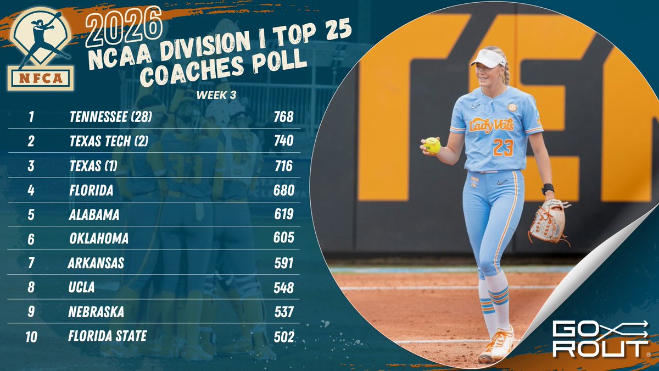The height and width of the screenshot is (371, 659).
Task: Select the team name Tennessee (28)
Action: (x=110, y=117)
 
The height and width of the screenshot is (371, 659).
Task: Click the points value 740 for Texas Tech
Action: (x=284, y=141)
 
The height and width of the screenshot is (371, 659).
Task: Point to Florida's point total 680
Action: (x=284, y=190)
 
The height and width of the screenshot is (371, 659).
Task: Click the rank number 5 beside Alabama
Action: (x=31, y=214)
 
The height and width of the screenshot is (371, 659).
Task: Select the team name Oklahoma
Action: (x=99, y=239)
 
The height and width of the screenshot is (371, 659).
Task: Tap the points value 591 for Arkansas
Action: (x=284, y=263)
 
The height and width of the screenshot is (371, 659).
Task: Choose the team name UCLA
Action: (x=82, y=287)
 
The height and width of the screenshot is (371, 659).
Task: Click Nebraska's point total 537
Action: (x=284, y=312)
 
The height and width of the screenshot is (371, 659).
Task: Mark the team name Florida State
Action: (x=107, y=335)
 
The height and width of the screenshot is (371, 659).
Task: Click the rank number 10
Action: (x=31, y=336)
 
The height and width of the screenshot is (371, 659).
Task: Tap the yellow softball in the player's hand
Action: (x=433, y=145)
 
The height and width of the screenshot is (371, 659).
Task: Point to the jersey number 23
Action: (x=502, y=147)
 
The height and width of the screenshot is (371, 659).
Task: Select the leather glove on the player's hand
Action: (x=548, y=221)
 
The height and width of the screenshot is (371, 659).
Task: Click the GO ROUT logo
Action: (x=600, y=339)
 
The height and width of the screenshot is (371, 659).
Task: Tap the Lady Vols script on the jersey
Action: (x=491, y=125)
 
